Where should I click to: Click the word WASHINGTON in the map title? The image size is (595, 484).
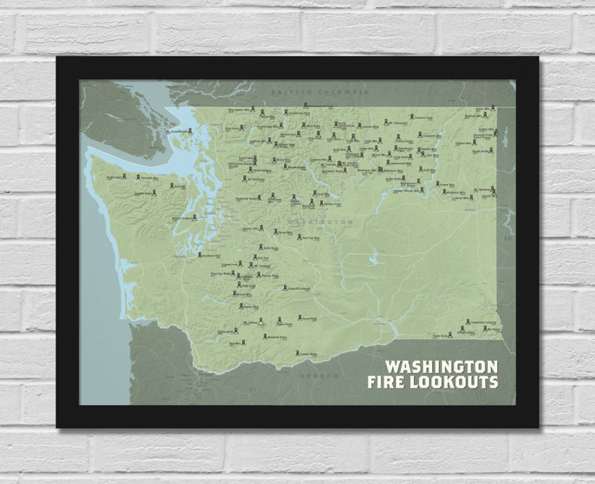pyautogui.click(x=442, y=367)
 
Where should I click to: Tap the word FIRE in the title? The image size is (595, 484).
pyautogui.click(x=388, y=382)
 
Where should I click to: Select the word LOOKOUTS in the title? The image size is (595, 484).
pyautogui.click(x=454, y=382)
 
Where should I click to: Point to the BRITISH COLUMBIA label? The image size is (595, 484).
pyautogui.click(x=319, y=92)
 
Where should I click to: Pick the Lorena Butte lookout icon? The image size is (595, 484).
pyautogui.click(x=296, y=352)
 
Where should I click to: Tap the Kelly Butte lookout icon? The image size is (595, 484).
pyautogui.click(x=261, y=246)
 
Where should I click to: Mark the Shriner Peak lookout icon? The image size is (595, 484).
pyautogui.click(x=258, y=274)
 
